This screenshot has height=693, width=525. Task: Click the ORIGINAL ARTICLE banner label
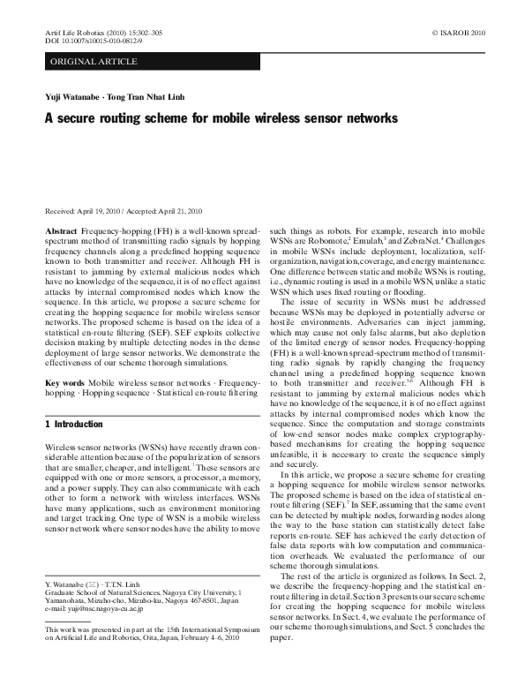94,61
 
